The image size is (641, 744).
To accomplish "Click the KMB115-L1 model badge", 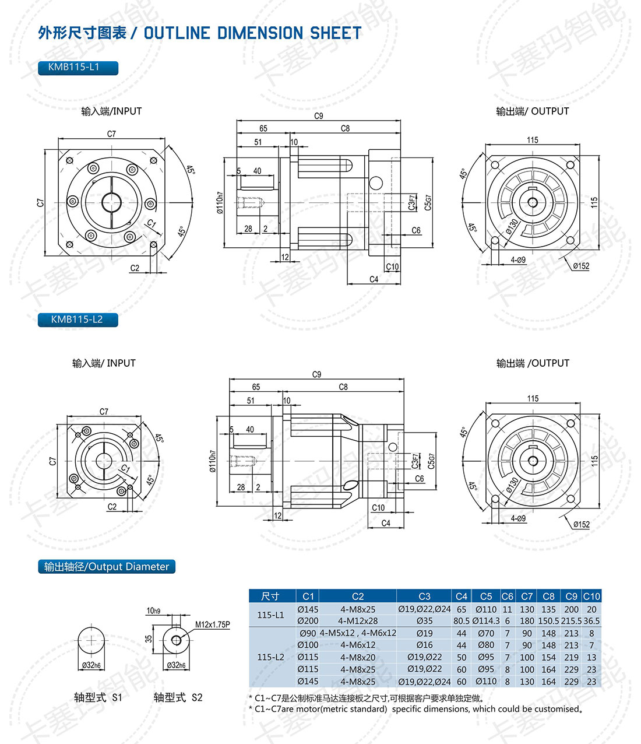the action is point(78,68).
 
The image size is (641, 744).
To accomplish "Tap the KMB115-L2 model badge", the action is point(78,320).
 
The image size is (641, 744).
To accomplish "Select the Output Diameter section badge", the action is point(107,566).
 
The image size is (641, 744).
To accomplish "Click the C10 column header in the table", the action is point(591,596).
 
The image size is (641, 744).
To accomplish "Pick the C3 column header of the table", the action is point(424,596).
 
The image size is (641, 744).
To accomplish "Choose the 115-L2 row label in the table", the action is point(270,657).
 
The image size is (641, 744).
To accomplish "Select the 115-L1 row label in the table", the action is point(270,615).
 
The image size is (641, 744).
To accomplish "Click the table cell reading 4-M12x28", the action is point(358,620).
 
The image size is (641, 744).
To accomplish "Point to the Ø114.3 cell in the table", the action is point(486,620).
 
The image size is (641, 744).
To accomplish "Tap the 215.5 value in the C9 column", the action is point(571,620).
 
